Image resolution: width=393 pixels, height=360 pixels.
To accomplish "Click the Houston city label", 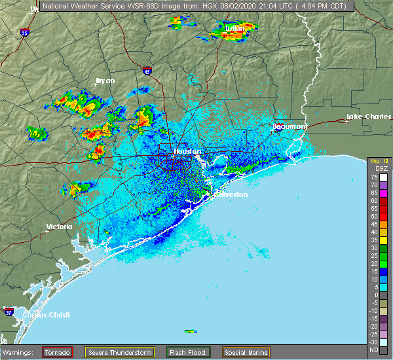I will (187, 151).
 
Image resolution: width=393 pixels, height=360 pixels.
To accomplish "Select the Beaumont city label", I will (290, 126).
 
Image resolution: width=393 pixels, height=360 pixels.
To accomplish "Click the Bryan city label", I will (105, 81).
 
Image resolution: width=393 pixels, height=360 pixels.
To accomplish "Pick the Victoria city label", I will (59, 226).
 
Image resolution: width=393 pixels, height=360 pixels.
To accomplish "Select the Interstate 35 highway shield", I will (24, 31).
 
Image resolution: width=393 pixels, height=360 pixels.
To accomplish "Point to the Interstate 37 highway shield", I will (9, 310).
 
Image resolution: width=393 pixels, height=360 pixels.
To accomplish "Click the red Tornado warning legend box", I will (57, 352).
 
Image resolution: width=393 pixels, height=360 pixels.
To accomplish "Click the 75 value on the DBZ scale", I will (374, 177).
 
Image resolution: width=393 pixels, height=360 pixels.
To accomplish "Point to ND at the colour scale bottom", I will (374, 350).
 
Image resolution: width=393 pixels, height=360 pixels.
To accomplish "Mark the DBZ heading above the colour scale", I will (374, 169).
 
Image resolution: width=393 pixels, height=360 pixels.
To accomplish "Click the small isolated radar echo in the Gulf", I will (191, 331).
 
